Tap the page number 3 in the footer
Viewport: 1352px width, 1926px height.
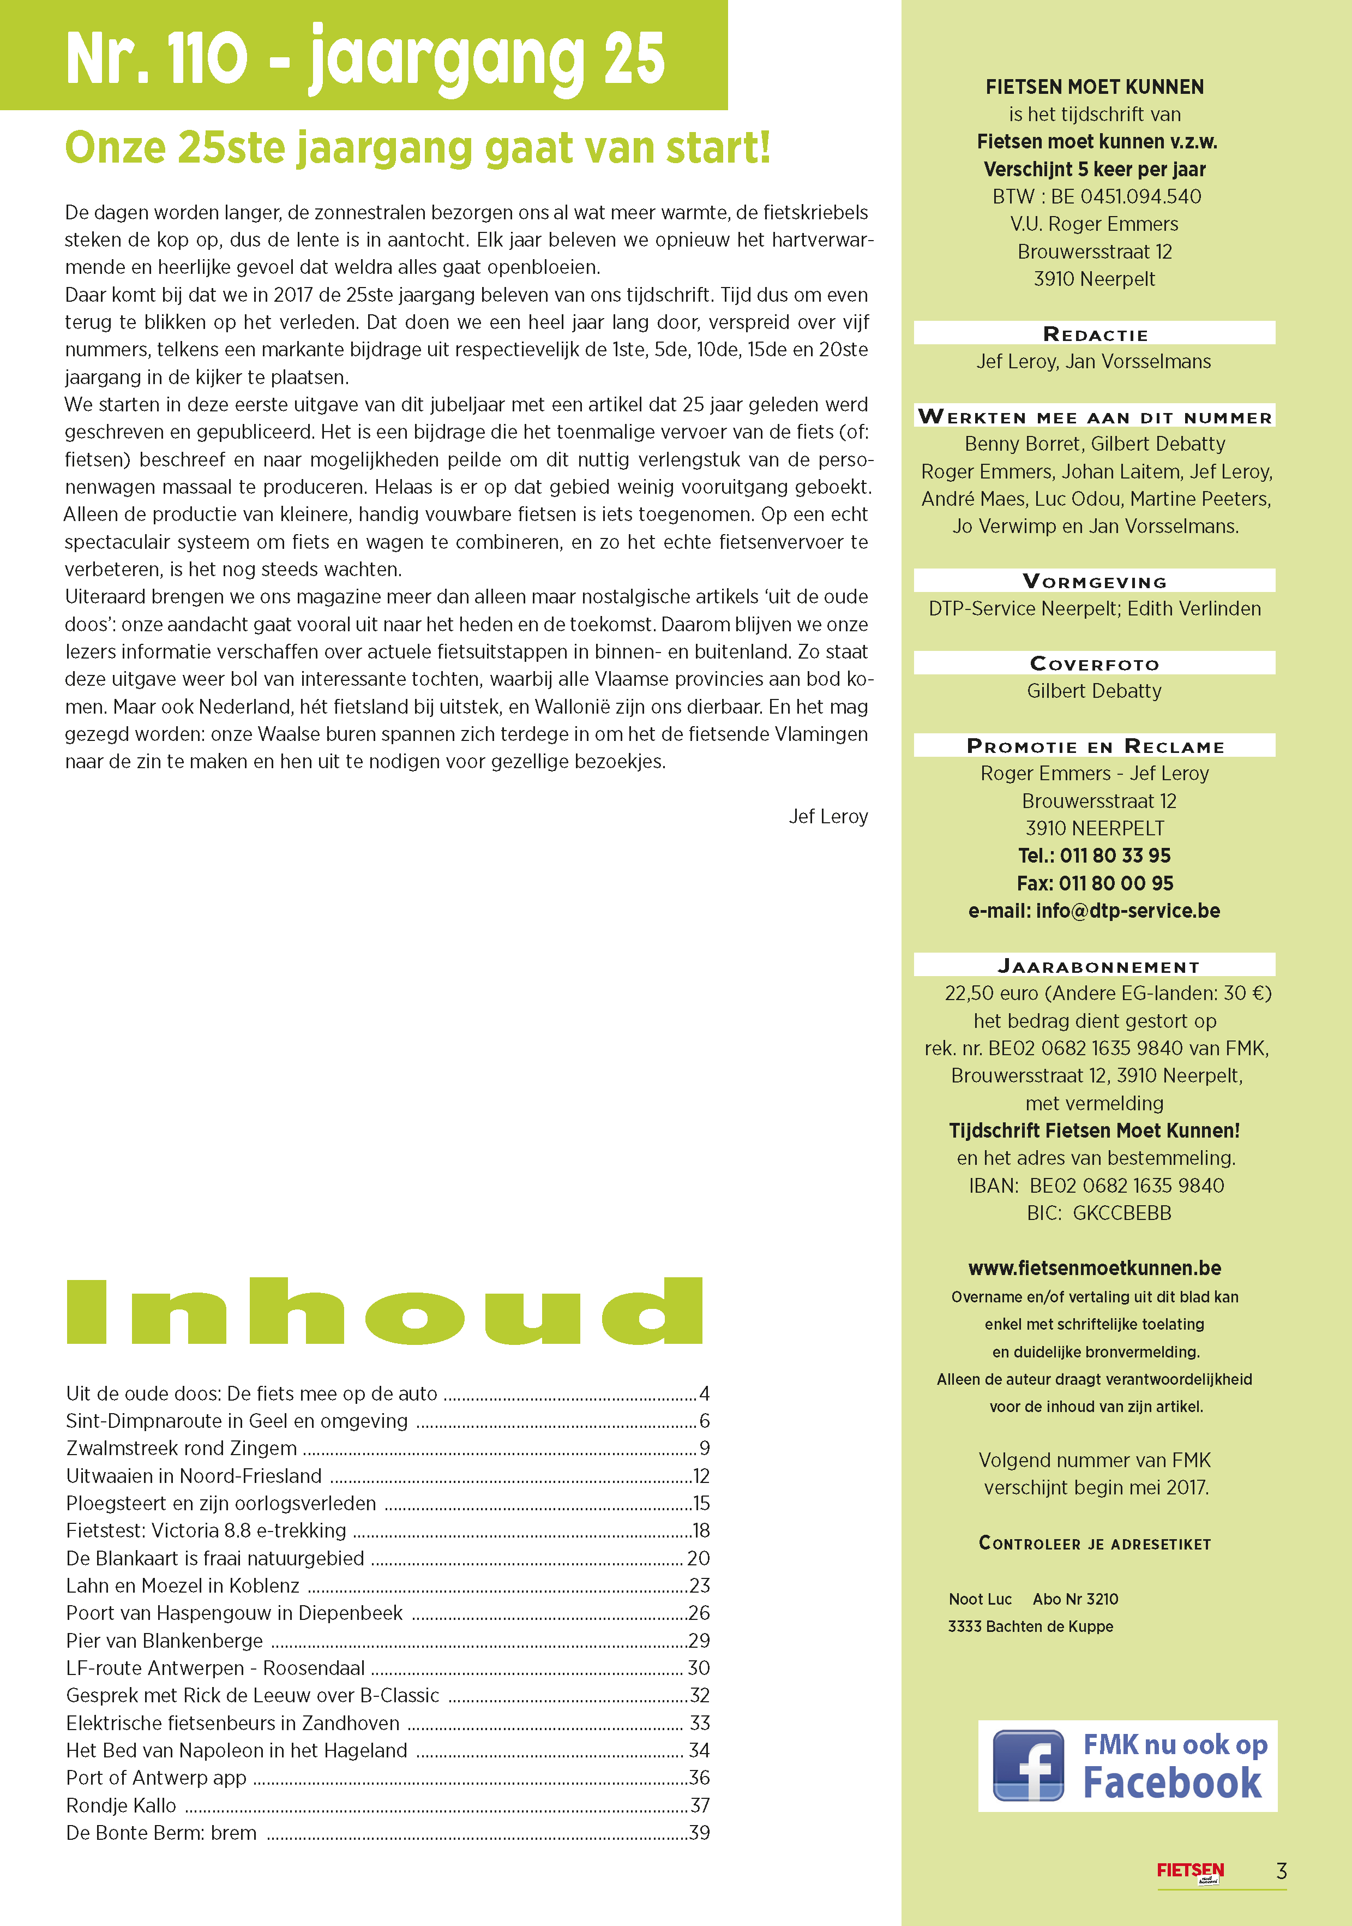pos(1281,1871)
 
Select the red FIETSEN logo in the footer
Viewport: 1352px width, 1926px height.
pos(1190,1871)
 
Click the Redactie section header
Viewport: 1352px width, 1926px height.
pos(1095,334)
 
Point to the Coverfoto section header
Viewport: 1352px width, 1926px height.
pos(1095,663)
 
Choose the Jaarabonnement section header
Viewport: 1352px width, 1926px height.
pos(1098,966)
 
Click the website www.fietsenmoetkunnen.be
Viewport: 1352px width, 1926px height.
pos(1095,1267)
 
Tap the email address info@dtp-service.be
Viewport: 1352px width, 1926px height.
pos(1127,911)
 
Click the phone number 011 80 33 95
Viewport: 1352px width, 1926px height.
pos(1115,856)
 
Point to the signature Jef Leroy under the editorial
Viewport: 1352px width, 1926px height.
pos(828,816)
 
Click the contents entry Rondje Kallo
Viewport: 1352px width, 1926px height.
pos(122,1805)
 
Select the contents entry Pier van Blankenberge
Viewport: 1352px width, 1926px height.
pos(164,1640)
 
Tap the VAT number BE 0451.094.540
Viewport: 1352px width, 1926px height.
pos(1126,196)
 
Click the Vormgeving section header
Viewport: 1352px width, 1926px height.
pos(1095,581)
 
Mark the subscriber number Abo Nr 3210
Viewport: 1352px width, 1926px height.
pos(1075,1599)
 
